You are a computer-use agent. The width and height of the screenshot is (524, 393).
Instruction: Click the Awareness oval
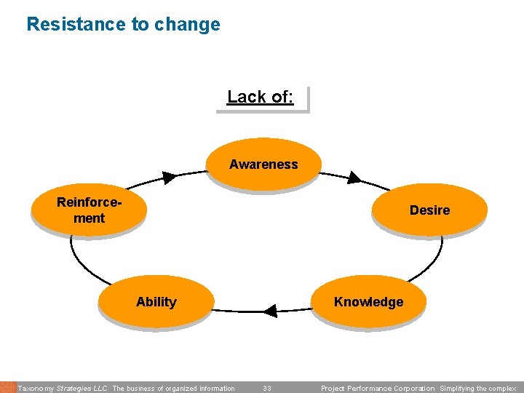(263, 164)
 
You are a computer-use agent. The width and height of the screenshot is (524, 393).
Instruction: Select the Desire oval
(429, 210)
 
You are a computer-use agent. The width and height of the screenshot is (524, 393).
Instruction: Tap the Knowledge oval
(368, 301)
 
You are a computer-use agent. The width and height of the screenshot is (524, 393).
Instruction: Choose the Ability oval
(156, 301)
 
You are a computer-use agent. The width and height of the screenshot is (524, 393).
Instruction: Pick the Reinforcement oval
(88, 210)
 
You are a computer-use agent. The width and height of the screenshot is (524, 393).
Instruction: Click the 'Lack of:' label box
(261, 98)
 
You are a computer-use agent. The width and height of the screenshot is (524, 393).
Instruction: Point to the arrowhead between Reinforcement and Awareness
(169, 177)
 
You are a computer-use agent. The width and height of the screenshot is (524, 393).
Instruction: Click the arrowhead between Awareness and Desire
(354, 177)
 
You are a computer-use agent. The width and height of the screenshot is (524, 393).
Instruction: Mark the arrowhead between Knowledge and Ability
(270, 311)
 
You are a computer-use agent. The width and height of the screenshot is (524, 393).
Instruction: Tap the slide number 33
(267, 389)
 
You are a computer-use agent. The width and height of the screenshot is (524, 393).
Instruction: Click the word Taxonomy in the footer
(34, 389)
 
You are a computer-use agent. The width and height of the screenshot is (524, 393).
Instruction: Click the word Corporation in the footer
(412, 389)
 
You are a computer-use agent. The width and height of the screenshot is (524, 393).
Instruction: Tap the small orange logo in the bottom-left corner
(7, 387)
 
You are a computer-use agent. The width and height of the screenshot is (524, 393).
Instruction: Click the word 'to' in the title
(140, 24)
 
